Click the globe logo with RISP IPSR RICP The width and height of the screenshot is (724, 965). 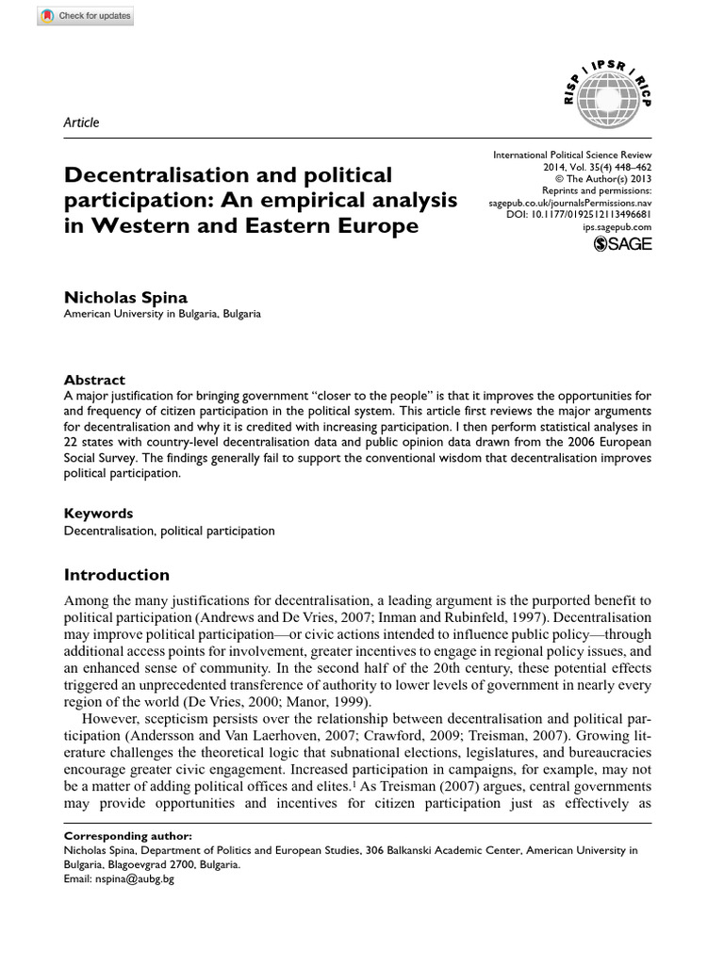click(607, 86)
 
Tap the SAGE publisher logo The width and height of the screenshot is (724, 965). click(621, 246)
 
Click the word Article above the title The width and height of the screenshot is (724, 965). click(81, 123)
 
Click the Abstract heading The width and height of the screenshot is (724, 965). click(94, 380)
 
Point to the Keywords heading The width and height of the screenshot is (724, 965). click(98, 514)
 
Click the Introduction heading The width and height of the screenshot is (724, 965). click(116, 575)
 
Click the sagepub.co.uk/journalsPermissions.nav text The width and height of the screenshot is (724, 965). click(569, 203)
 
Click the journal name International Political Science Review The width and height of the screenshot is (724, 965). click(572, 154)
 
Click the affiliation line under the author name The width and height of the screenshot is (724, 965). click(162, 315)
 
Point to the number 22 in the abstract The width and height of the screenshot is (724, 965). click(72, 440)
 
